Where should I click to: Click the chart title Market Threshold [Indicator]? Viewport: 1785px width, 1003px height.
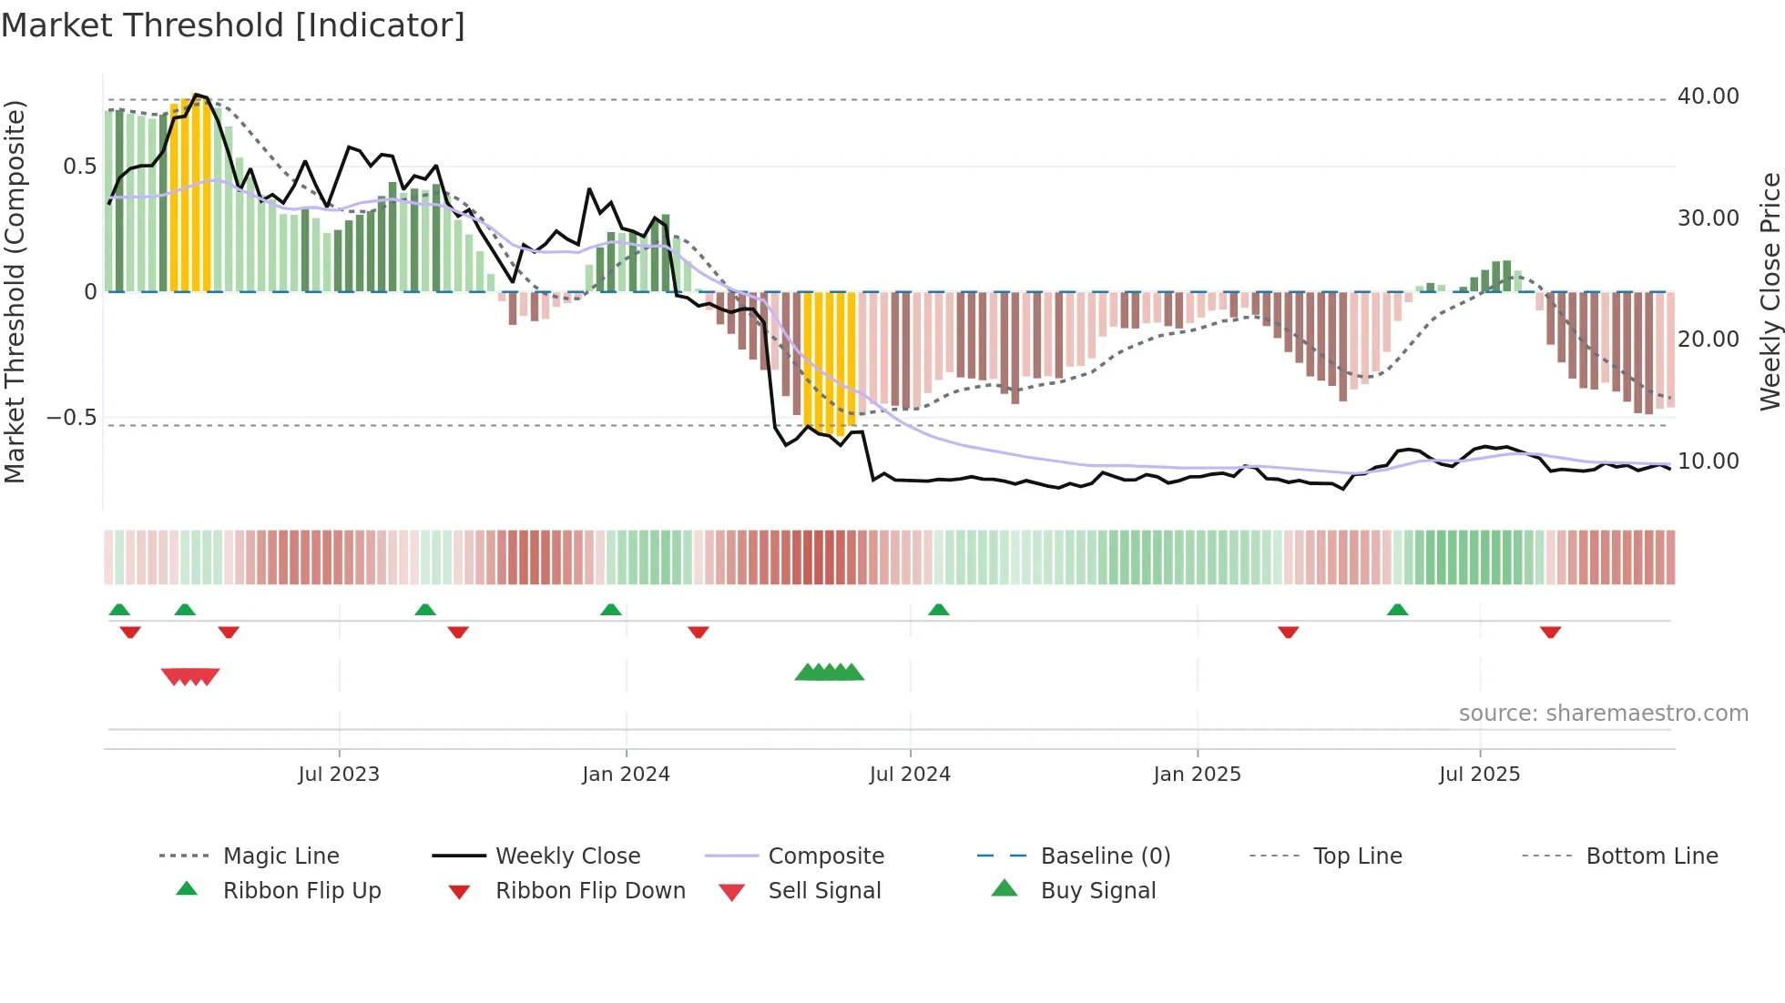[233, 25]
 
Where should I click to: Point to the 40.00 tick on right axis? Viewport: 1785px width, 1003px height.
[1708, 96]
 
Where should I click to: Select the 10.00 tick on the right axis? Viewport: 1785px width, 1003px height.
[1708, 461]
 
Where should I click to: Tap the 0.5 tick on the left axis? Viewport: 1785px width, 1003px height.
[79, 167]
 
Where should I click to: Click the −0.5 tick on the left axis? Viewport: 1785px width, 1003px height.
[71, 418]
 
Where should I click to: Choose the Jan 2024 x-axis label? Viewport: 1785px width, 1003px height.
[626, 775]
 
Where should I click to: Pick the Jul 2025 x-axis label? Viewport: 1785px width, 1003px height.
[1479, 775]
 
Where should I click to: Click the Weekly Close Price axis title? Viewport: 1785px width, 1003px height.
[1770, 291]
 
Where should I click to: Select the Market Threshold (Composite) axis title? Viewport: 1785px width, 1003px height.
[15, 291]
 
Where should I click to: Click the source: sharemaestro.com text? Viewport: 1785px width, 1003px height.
[1603, 714]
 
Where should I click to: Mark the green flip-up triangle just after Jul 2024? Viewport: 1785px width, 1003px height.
[939, 610]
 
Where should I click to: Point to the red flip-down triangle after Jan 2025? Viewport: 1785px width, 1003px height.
[1288, 632]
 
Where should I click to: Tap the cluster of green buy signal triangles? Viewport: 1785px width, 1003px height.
[829, 673]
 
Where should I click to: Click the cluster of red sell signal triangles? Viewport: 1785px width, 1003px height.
[190, 676]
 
